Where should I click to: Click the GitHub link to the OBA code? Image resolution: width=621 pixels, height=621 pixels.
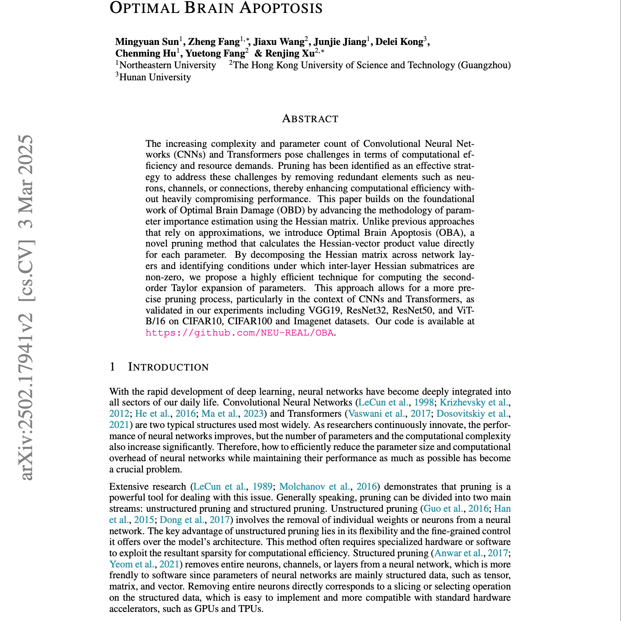pos(240,333)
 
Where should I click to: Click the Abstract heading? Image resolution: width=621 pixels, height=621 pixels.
pos(310,119)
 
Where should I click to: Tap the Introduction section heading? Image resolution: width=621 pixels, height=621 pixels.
pos(168,367)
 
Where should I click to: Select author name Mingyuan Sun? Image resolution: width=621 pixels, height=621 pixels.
pos(147,42)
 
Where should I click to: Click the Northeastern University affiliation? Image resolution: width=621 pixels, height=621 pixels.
pos(168,66)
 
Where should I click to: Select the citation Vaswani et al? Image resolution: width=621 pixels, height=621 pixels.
pos(377,413)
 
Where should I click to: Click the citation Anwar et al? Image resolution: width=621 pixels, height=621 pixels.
pos(459,553)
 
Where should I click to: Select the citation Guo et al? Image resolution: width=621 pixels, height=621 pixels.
pos(444,509)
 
